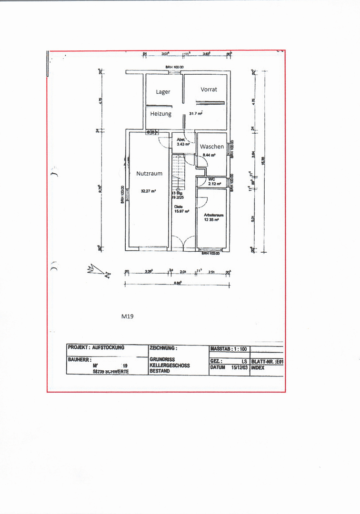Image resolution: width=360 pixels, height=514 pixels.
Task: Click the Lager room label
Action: coord(163,92)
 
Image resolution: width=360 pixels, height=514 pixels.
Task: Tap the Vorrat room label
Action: coord(209,89)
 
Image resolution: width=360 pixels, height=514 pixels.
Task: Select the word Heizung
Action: coord(161,114)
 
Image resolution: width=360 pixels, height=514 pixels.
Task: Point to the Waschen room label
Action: coord(212,147)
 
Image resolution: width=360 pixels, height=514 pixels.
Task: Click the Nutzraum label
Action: coord(149,174)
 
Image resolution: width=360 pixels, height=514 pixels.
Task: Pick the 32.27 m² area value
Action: coord(148,191)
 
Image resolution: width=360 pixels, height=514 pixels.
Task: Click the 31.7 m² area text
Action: coord(196,114)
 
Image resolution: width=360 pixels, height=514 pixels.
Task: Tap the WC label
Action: coord(212,179)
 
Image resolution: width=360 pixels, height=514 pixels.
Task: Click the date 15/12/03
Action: coord(240,367)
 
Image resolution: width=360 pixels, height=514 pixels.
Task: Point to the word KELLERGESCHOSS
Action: coord(170,366)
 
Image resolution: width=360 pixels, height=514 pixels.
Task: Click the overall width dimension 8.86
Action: coord(177,283)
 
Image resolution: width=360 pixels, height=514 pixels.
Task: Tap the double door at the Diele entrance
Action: coord(183,244)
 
